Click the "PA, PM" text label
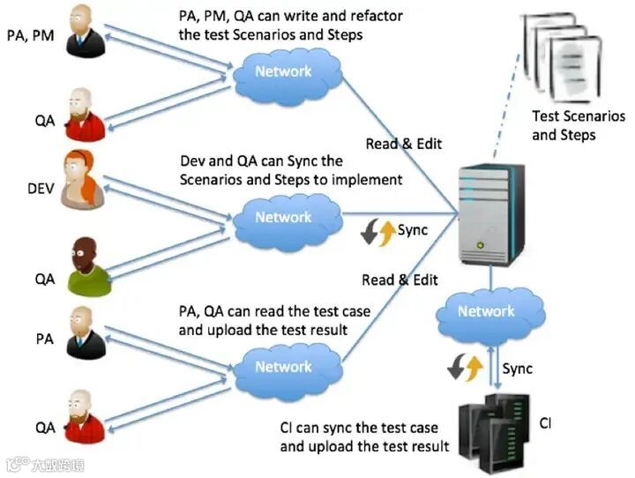30,35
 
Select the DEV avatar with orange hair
82,179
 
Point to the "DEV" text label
41,189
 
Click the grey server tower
491,213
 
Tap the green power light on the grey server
481,244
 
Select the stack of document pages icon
561,58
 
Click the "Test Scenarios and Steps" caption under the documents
579,125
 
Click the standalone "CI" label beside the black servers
545,423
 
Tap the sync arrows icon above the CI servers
466,367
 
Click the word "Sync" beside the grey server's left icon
413,230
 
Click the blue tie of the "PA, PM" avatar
80,38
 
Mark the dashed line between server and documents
506,105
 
